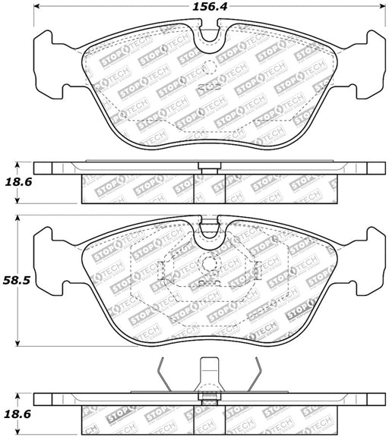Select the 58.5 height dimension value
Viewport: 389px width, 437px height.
16,281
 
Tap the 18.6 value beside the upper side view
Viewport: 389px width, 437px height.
18,182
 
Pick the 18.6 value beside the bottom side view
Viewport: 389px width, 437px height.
18,414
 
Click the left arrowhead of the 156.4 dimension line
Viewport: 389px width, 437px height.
36,6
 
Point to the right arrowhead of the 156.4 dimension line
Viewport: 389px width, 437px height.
382,6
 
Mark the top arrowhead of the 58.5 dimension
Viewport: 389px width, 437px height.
17,218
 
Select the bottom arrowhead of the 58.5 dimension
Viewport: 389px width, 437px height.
17,344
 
